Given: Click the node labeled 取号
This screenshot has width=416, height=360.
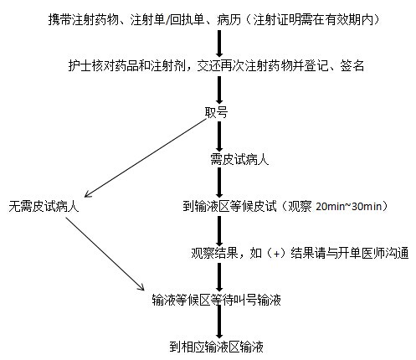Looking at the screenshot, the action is click(x=216, y=113).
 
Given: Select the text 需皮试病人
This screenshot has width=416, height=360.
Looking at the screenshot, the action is click(x=239, y=160).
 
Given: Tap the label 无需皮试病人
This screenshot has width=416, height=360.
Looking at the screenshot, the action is click(x=44, y=207).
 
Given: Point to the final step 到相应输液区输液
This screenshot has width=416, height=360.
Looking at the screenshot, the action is click(x=217, y=347).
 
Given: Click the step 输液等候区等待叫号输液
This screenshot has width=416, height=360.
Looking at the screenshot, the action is click(x=217, y=300).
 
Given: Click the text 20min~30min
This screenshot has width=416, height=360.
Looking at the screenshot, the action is click(x=349, y=207).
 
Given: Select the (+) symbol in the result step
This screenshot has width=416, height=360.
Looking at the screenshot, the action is click(x=276, y=254).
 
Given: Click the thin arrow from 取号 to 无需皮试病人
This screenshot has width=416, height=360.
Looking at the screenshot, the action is click(x=145, y=158).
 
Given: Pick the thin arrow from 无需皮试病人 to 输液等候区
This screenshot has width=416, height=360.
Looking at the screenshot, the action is click(x=105, y=254).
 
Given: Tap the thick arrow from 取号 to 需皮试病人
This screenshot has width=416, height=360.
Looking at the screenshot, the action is click(x=219, y=136).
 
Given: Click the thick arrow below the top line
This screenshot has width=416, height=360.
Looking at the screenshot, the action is click(x=219, y=44).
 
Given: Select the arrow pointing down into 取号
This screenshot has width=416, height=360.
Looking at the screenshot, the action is click(x=219, y=90).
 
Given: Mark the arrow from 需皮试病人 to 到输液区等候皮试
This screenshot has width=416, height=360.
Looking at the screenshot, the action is click(x=219, y=183).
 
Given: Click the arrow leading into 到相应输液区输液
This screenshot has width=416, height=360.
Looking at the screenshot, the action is click(x=219, y=321).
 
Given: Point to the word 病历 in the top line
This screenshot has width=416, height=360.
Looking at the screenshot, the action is click(x=229, y=19).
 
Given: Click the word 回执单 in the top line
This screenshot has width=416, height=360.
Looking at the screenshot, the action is click(x=187, y=19).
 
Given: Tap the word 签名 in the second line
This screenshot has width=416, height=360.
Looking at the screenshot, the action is click(x=352, y=66).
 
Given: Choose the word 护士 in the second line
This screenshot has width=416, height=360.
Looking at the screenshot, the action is click(x=80, y=66).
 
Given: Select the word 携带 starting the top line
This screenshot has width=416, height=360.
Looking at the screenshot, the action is click(x=60, y=19).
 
